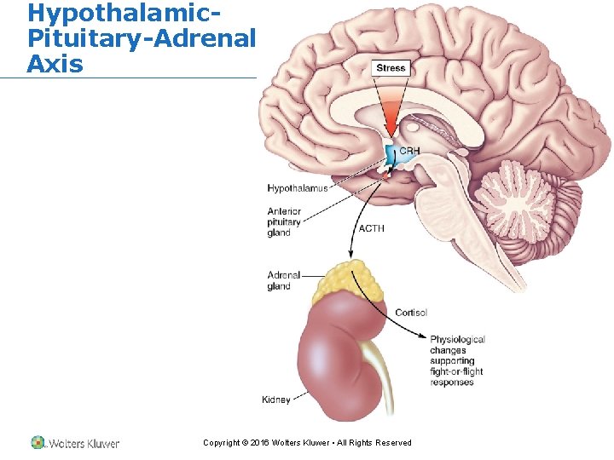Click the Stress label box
click(x=391, y=68)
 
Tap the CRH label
click(x=409, y=152)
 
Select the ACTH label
click(x=371, y=228)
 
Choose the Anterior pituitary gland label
click(x=284, y=222)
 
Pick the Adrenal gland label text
click(x=284, y=281)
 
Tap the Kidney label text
click(x=276, y=400)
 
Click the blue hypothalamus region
click(x=391, y=156)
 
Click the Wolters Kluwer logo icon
click(x=38, y=442)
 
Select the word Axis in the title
click(x=55, y=63)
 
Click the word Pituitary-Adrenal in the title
click(x=141, y=38)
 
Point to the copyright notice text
click(x=307, y=443)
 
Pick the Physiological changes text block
click(x=457, y=360)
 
